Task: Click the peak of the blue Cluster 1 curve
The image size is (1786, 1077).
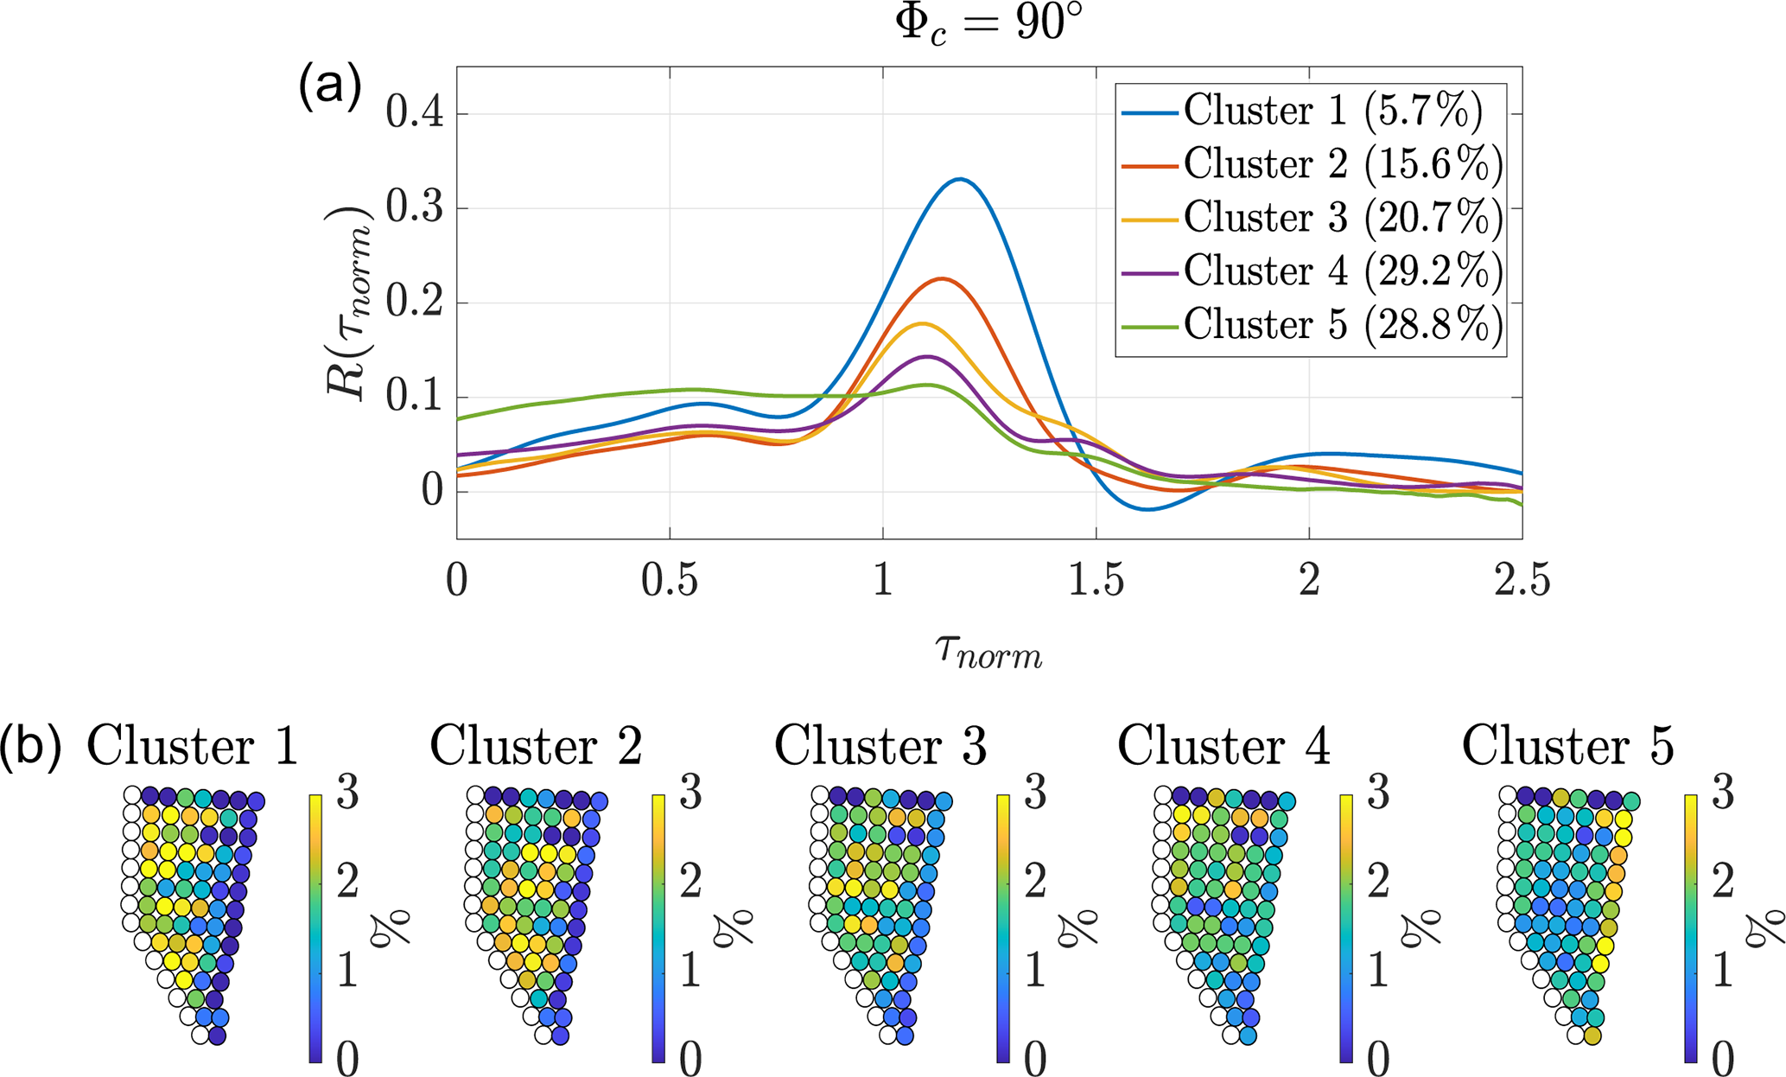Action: pos(959,179)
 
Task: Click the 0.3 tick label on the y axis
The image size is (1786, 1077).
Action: pos(415,208)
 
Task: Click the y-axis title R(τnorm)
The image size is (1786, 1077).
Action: pos(349,303)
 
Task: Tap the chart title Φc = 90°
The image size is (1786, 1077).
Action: pos(988,23)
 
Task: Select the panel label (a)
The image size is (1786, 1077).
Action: pos(329,86)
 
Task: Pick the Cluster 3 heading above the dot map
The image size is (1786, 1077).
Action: pos(880,746)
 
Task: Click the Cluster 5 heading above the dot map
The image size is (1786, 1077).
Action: pos(1567,746)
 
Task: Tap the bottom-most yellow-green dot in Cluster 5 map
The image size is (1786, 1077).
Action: pos(1593,1036)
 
